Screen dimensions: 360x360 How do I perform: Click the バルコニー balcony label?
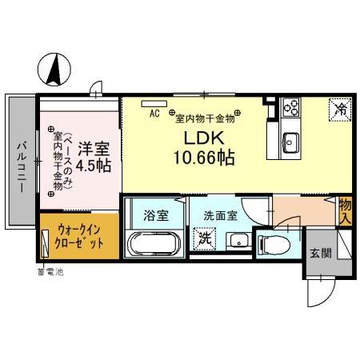tap(21, 160)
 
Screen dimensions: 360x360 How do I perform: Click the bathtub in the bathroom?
tap(155, 244)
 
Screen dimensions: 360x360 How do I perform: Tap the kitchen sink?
tap(290, 143)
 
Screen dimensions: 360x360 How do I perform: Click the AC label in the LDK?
tap(154, 114)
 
